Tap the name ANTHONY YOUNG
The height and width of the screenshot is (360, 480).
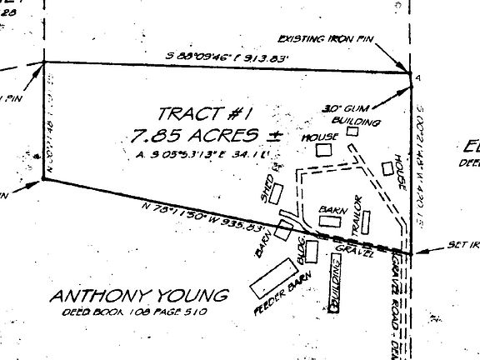pos(139,297)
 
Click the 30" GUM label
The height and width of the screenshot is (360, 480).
pos(341,108)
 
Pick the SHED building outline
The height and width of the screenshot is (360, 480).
pos(285,189)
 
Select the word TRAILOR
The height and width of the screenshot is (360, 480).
pos(356,213)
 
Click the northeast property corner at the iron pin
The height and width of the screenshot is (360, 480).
pos(412,74)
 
